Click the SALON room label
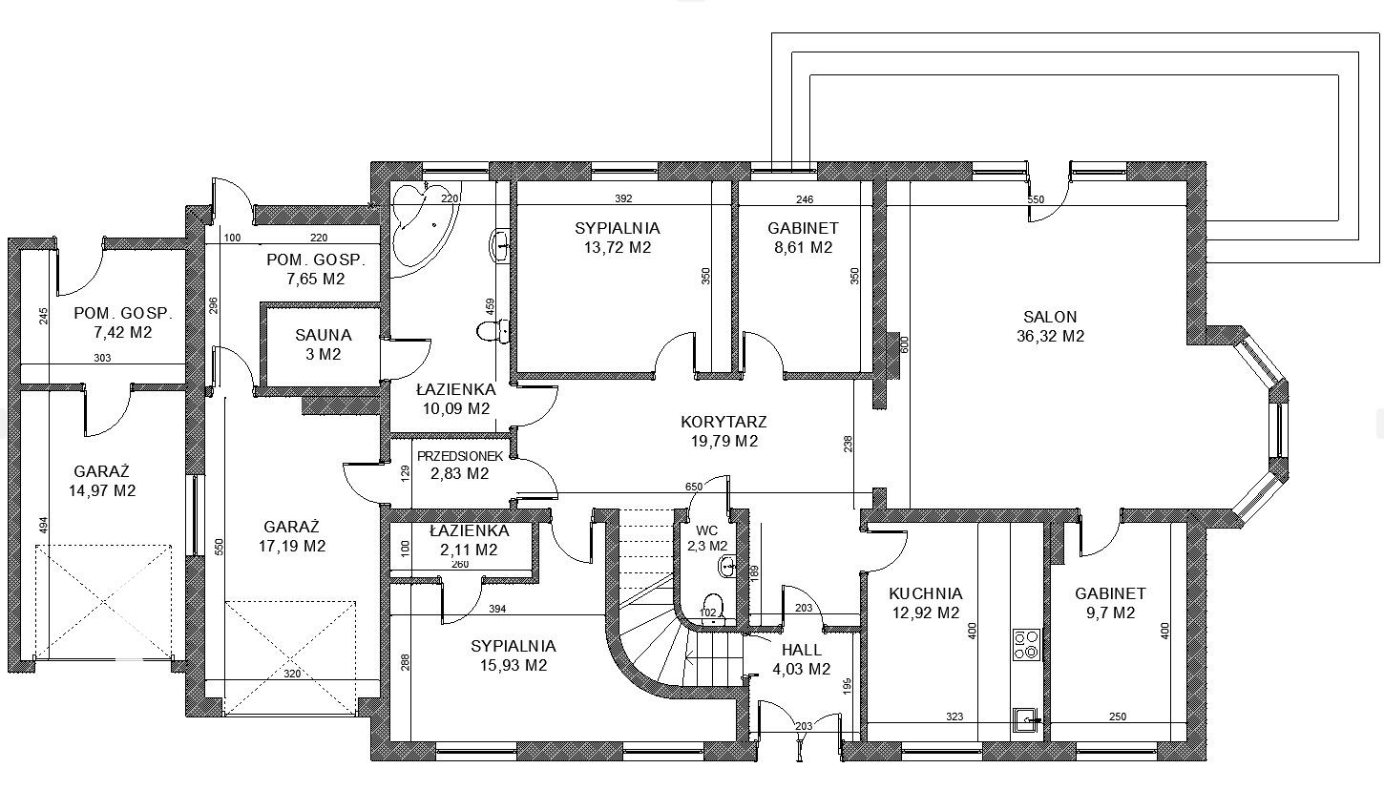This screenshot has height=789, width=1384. click(x=1050, y=318)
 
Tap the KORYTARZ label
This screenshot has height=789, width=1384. click(x=723, y=423)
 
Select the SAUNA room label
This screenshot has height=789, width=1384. click(x=324, y=335)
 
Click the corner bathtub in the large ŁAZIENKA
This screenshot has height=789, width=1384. click(x=426, y=232)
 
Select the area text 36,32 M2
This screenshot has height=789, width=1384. click(x=1050, y=337)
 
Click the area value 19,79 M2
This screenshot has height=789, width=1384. click(x=724, y=442)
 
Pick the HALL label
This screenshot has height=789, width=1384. click(x=802, y=650)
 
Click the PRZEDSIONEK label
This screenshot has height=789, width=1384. click(x=460, y=456)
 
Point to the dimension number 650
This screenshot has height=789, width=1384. click(x=694, y=488)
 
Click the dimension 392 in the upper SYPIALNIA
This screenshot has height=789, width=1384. click(x=623, y=198)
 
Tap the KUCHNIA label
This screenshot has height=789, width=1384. click(x=926, y=594)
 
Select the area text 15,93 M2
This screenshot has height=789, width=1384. click(x=514, y=666)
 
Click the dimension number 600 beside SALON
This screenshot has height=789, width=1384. click(x=905, y=343)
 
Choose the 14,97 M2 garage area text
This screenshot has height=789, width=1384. click(x=102, y=490)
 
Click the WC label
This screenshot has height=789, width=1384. click(x=707, y=531)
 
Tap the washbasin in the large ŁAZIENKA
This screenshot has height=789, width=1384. click(x=500, y=246)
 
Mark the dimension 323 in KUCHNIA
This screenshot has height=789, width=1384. click(x=954, y=716)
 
